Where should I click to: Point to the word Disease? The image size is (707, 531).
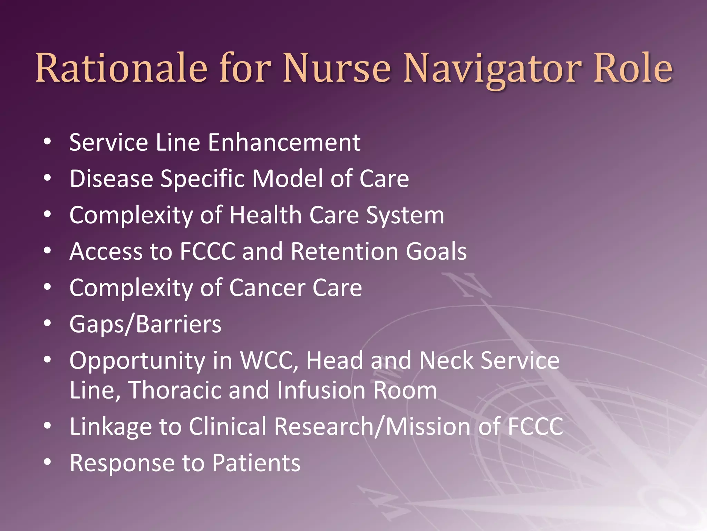(x=111, y=179)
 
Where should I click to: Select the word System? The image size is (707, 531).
(x=405, y=215)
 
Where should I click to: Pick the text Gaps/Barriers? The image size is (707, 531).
(x=145, y=324)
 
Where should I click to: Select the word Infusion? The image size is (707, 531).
(x=321, y=390)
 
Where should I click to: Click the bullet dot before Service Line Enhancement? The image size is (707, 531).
(x=48, y=142)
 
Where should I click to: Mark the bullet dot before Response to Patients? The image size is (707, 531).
(x=48, y=462)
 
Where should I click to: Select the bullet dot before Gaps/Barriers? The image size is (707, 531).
(x=48, y=324)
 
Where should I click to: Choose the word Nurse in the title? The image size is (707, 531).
(x=337, y=68)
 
